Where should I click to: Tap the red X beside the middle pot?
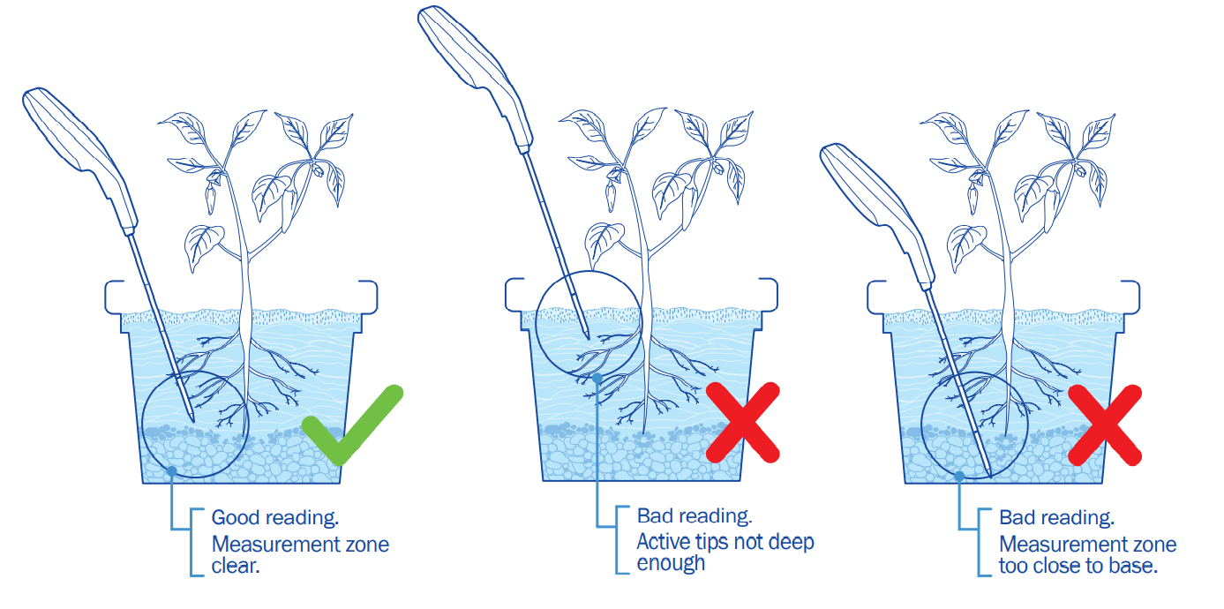click(x=743, y=422)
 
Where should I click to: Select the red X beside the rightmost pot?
click(x=1105, y=425)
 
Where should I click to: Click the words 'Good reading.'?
click(x=274, y=518)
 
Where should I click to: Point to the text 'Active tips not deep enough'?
click(x=725, y=553)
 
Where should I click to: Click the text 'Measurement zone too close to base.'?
click(x=1087, y=555)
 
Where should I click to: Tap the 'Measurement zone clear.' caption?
click(x=300, y=555)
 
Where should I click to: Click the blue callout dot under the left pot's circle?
click(x=172, y=470)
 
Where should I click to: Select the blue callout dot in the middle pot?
click(x=597, y=378)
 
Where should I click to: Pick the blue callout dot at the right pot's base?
click(x=959, y=476)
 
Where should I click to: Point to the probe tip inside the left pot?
click(x=192, y=420)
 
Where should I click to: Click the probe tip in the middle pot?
click(x=588, y=337)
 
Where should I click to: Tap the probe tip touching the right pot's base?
click(x=989, y=475)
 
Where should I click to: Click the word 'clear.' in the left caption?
click(x=236, y=566)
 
